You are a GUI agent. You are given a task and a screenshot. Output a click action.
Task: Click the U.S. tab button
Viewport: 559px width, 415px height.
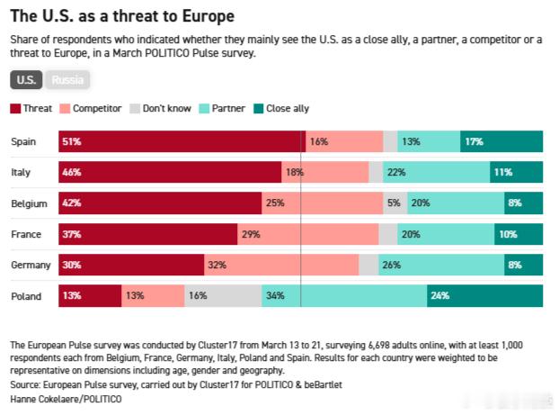(27, 80)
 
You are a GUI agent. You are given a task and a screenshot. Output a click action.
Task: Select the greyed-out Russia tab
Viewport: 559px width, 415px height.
(68, 80)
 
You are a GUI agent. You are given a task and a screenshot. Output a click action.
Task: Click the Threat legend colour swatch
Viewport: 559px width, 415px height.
(16, 109)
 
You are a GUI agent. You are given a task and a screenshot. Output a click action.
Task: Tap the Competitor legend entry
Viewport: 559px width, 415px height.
(92, 109)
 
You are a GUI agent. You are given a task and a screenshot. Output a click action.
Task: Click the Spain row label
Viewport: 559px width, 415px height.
(23, 141)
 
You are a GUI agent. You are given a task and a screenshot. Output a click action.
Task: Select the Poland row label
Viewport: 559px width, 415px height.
(25, 295)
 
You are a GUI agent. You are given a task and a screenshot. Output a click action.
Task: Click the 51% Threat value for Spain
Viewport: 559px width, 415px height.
(71, 141)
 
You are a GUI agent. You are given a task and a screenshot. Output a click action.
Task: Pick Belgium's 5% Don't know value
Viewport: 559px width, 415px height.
(394, 203)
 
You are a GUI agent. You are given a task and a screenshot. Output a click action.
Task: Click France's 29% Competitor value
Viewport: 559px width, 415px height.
(251, 234)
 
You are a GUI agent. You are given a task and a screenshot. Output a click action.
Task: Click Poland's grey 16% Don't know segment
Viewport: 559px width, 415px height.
(223, 295)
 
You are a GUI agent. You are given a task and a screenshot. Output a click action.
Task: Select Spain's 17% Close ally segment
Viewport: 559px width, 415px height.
(501, 141)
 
